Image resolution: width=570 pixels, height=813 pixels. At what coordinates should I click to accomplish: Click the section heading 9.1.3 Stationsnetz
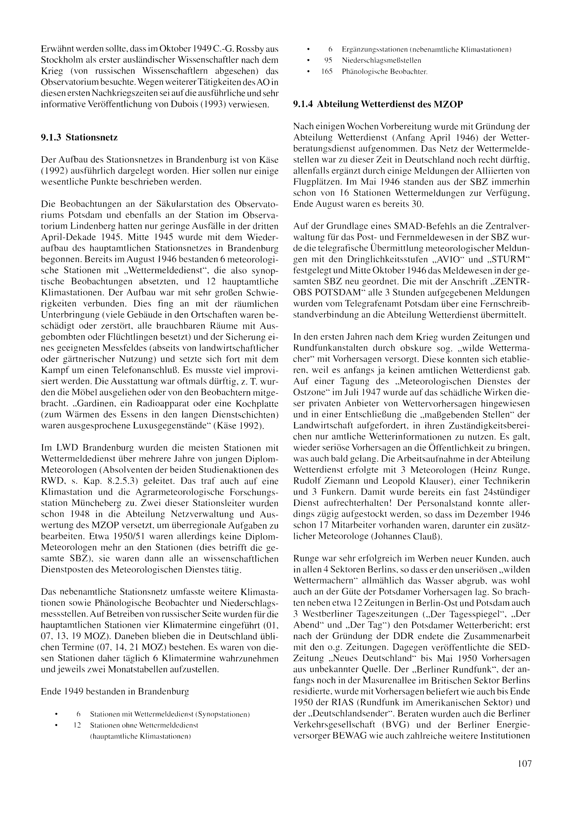79,137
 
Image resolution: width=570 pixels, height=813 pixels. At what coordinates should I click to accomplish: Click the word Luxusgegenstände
169,426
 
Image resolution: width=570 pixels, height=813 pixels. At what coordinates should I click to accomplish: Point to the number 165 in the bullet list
327,72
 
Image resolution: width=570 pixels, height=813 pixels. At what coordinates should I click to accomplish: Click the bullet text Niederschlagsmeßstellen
381,60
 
